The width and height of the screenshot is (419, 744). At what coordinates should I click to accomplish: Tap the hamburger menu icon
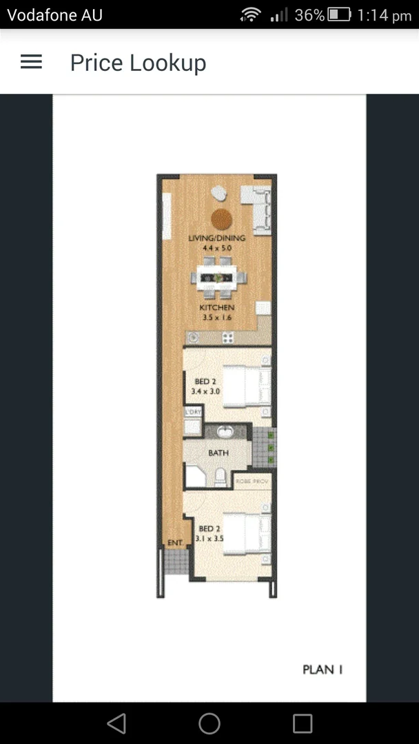(31, 62)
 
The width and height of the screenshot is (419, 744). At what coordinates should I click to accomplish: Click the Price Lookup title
(138, 63)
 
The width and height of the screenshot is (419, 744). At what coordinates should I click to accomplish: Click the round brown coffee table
(221, 218)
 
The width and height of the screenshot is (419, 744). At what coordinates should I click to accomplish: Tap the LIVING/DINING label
(217, 238)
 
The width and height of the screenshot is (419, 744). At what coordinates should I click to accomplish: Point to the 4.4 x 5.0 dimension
(217, 247)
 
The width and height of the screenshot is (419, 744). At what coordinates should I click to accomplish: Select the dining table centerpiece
(218, 278)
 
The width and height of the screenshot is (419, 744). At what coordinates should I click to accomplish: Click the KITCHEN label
(217, 308)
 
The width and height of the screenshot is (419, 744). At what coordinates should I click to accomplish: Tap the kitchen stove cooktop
(227, 338)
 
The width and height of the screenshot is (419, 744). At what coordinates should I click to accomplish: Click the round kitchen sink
(194, 338)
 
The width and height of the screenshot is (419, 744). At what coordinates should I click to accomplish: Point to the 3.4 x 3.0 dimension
(205, 391)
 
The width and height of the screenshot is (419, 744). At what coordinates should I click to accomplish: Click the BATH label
(218, 453)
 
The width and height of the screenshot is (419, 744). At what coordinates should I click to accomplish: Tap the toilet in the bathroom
(220, 476)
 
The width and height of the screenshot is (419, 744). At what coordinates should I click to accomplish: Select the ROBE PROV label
(252, 481)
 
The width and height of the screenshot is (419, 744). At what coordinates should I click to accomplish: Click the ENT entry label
(175, 543)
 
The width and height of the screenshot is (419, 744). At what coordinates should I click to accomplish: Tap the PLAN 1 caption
(323, 669)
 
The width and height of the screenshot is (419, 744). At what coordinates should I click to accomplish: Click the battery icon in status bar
(340, 14)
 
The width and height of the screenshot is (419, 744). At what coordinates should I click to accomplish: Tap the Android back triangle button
(116, 723)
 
